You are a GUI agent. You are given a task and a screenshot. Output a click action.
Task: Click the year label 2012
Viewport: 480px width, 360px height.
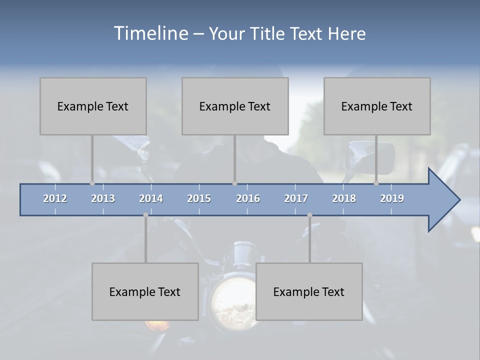tap(55, 198)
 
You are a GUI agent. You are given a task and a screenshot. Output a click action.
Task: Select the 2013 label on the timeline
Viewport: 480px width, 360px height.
tap(103, 198)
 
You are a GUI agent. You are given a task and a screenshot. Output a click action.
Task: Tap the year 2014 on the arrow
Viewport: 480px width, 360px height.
tap(151, 198)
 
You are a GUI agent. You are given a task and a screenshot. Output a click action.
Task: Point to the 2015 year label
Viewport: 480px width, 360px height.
tap(199, 198)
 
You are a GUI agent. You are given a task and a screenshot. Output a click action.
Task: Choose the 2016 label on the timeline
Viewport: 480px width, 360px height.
tap(248, 198)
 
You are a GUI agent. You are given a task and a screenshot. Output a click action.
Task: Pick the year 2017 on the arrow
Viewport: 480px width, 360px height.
tap(296, 198)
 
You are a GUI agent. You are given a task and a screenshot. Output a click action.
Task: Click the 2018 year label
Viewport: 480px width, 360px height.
tap(344, 198)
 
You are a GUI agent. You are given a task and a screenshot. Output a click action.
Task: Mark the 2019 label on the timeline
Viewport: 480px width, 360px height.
tap(392, 198)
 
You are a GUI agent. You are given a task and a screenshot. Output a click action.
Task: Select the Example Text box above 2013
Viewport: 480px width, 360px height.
tap(93, 106)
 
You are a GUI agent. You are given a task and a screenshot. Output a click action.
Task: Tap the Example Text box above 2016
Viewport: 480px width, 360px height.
tap(235, 106)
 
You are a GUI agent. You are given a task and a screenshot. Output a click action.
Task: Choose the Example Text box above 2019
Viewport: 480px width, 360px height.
tap(377, 106)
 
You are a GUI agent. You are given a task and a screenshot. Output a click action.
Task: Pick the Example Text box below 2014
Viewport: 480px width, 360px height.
tap(145, 291)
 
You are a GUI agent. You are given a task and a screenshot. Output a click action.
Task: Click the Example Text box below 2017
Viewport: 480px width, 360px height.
tap(309, 291)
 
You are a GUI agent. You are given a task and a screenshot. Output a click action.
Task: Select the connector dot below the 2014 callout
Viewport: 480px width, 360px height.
tap(145, 215)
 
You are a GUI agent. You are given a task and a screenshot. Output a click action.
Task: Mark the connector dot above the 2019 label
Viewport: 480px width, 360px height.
tap(376, 183)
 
